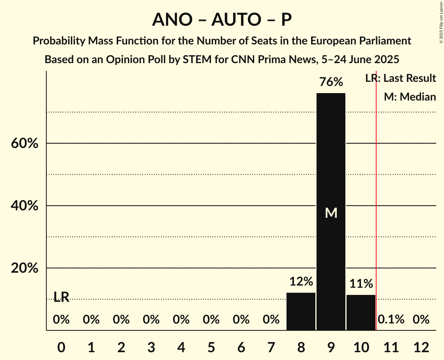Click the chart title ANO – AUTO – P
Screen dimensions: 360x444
222,20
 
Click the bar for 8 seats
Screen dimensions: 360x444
301,311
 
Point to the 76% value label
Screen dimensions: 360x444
331,82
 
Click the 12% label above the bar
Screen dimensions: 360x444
301,281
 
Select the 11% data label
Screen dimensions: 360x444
361,284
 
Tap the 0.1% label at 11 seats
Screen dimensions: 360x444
391,320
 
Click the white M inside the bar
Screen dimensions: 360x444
331,213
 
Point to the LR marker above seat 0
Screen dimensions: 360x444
61,297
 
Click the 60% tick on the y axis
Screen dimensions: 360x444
24,143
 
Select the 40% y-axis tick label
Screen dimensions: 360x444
24,206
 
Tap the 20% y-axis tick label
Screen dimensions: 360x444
24,268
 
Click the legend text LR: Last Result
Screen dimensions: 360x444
400,78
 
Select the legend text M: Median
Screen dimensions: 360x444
410,97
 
